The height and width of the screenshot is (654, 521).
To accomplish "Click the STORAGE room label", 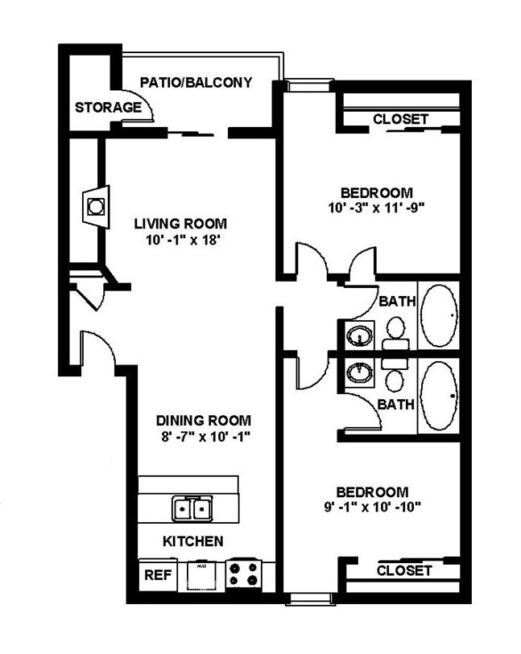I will [108, 108].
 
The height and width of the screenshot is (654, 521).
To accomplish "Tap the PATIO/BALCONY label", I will [196, 82].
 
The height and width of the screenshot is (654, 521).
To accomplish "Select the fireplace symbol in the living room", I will [96, 205].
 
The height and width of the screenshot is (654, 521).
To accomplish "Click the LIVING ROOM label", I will [180, 223].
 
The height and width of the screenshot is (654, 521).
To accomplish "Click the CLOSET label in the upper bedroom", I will [400, 119].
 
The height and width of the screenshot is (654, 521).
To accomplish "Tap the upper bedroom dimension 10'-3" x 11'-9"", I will [377, 208].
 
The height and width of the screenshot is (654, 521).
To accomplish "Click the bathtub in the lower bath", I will [439, 396].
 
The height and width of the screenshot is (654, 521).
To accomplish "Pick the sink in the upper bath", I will [359, 334].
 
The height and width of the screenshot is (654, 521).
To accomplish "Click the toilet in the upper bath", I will [395, 331].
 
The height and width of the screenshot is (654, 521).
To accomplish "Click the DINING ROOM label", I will [203, 420].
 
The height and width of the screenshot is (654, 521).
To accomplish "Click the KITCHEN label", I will [193, 541].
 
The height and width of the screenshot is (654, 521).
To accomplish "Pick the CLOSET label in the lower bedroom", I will [404, 570].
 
